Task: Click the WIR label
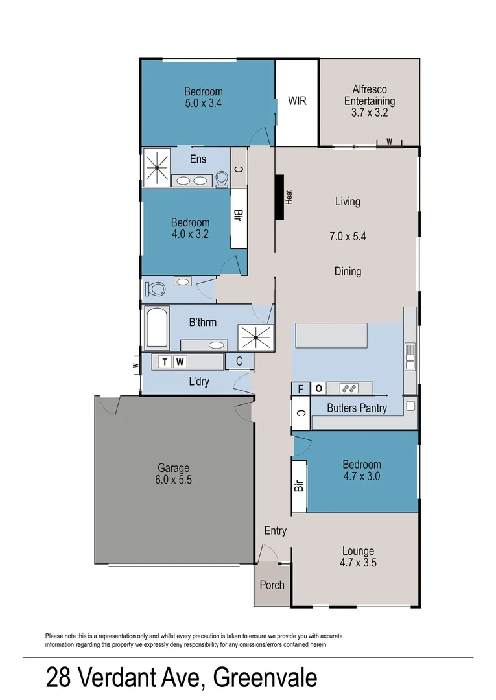(x=297, y=101)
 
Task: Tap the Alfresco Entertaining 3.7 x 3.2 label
(x=369, y=101)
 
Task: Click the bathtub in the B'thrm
(x=157, y=327)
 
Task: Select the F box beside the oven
(x=300, y=389)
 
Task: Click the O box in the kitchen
(x=318, y=389)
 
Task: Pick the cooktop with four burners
(x=349, y=389)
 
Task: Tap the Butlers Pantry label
(x=357, y=408)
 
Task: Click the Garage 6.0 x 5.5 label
(x=174, y=474)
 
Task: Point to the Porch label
(x=272, y=585)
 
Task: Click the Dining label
(x=348, y=272)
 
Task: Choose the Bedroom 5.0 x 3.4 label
(x=203, y=97)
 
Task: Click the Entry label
(x=275, y=531)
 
